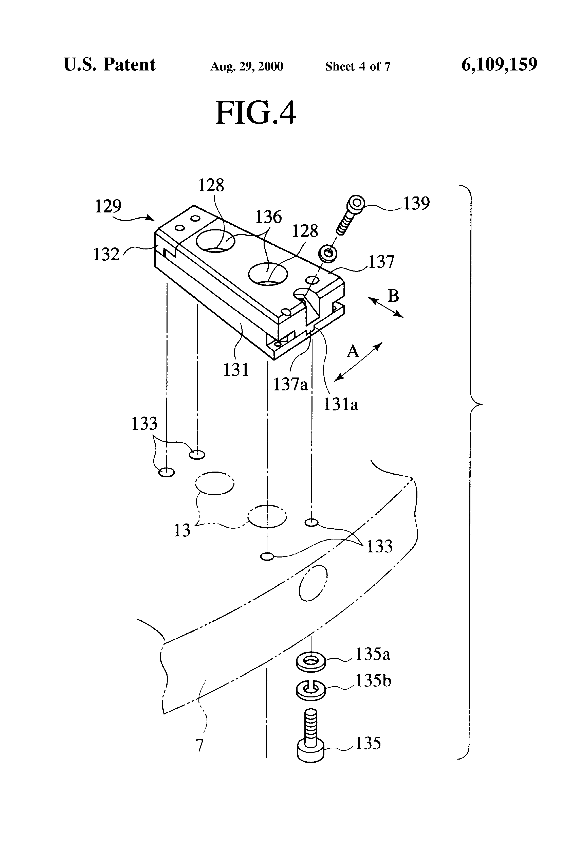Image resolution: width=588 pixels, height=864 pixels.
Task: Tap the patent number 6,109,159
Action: (499, 64)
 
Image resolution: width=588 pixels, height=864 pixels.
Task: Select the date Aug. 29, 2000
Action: (247, 66)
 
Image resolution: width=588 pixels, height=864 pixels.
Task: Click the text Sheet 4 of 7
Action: (358, 66)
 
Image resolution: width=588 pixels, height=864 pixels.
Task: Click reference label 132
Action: (106, 255)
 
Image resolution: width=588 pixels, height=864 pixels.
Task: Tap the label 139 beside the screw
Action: (416, 203)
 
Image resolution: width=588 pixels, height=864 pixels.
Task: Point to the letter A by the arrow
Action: (353, 351)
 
